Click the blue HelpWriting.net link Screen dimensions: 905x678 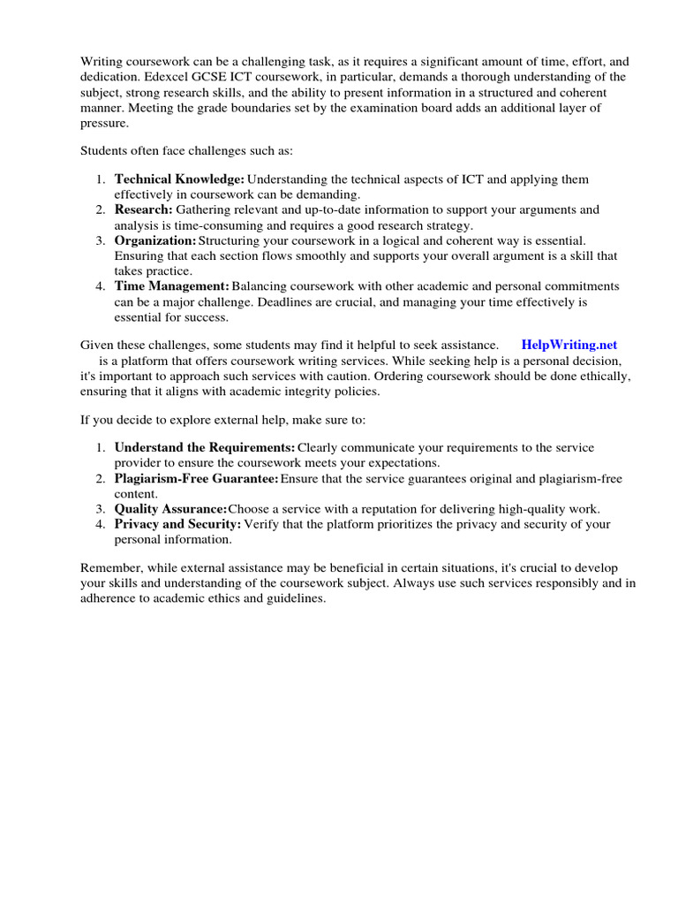click(569, 345)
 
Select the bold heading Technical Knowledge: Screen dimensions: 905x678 click(179, 179)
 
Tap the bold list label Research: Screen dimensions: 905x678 click(143, 209)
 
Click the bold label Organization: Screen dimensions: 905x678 click(155, 240)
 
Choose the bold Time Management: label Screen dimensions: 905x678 click(171, 286)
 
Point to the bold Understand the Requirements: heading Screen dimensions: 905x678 click(205, 448)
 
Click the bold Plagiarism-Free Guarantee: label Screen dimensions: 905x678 click(196, 479)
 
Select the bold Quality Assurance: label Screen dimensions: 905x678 click(170, 509)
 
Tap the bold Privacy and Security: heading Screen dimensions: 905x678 click(177, 524)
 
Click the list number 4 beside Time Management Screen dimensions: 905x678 click(101, 286)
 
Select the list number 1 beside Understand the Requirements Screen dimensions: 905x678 click(101, 448)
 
